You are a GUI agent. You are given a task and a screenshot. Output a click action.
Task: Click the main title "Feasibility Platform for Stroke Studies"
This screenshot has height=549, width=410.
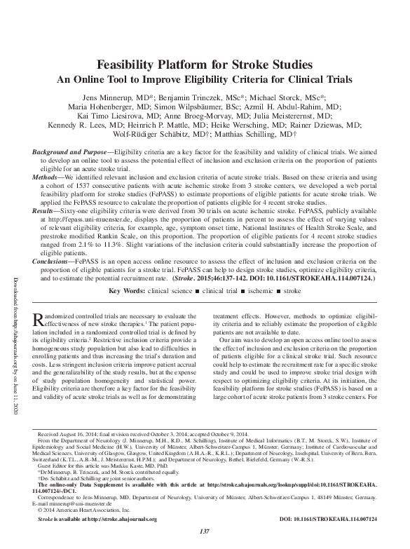[205, 65]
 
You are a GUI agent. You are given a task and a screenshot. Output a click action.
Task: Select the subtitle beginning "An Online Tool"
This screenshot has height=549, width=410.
[205, 79]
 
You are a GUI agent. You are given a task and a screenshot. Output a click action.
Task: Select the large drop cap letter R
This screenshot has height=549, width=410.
[39, 320]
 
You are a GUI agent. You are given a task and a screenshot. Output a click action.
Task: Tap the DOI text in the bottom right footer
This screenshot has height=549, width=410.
[337, 519]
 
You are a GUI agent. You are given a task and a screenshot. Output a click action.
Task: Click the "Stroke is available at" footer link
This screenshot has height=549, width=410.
[97, 519]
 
